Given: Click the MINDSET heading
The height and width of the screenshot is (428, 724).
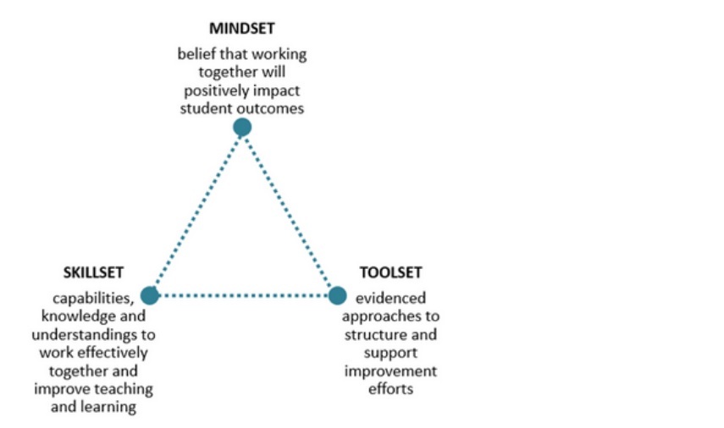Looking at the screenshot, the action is coord(242,28).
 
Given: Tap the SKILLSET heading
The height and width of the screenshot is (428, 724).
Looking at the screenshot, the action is coord(93,272).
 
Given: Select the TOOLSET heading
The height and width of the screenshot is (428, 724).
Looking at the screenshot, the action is coord(390,272).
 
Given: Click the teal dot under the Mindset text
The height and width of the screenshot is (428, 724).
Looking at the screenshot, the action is coord(242,127).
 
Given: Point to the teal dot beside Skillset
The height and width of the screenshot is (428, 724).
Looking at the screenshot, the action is coord(150,295).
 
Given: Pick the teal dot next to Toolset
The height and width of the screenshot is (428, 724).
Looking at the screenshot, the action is coord(338,295).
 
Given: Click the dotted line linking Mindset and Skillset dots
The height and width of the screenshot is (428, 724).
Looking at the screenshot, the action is coord(196,210).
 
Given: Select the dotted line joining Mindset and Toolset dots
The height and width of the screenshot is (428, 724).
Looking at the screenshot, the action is coord(289,210).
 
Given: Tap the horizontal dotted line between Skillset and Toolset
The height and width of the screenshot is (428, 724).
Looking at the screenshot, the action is coord(244,295).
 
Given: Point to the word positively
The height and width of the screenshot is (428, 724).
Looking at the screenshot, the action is coord(212,91).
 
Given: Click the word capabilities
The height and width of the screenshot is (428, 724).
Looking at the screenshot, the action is coord(93,299).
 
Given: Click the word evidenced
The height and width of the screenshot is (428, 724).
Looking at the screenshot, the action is coord(390,299).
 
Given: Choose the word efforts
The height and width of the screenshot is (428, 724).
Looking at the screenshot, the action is coord(390,389).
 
